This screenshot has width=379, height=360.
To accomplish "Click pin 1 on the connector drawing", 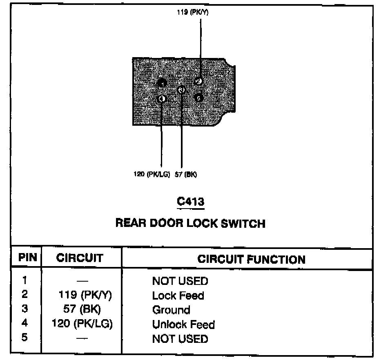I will coord(162,84).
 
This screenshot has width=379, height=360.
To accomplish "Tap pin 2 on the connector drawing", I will coord(198,81).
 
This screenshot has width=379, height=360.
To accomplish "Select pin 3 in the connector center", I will coord(182,90).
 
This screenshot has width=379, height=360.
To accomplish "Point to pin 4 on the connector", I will coord(162,98).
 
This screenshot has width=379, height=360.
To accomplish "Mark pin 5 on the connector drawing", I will coord(198,98).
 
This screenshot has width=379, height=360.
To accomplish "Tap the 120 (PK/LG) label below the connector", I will coord(152,175).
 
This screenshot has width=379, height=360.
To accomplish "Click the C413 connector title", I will coord(190,202).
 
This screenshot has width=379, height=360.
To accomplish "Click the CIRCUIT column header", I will coord(80,258).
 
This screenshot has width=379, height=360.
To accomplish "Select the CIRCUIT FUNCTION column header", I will coord(251,259).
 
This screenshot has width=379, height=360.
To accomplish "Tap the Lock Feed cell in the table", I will coord(178,296).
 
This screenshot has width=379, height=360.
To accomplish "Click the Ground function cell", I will coord(171,310).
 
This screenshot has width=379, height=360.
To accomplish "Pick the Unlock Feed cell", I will coord(183,324).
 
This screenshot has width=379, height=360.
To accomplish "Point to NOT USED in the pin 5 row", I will coord(180,339).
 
